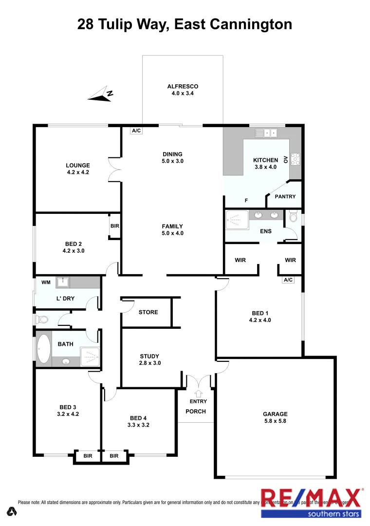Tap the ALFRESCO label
point(183,87)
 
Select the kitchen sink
point(266,132)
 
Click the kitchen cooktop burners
point(295,158)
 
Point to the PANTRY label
point(285,197)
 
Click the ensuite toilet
point(293,218)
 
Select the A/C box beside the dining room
point(136,131)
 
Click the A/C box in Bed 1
point(288,280)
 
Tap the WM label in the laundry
point(46,282)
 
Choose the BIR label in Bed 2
point(115,226)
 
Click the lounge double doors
point(115,170)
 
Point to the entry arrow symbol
point(198,393)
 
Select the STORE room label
point(148,312)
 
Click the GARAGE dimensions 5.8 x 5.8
point(276,421)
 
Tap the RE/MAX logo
point(312,502)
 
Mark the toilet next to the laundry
point(41,319)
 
